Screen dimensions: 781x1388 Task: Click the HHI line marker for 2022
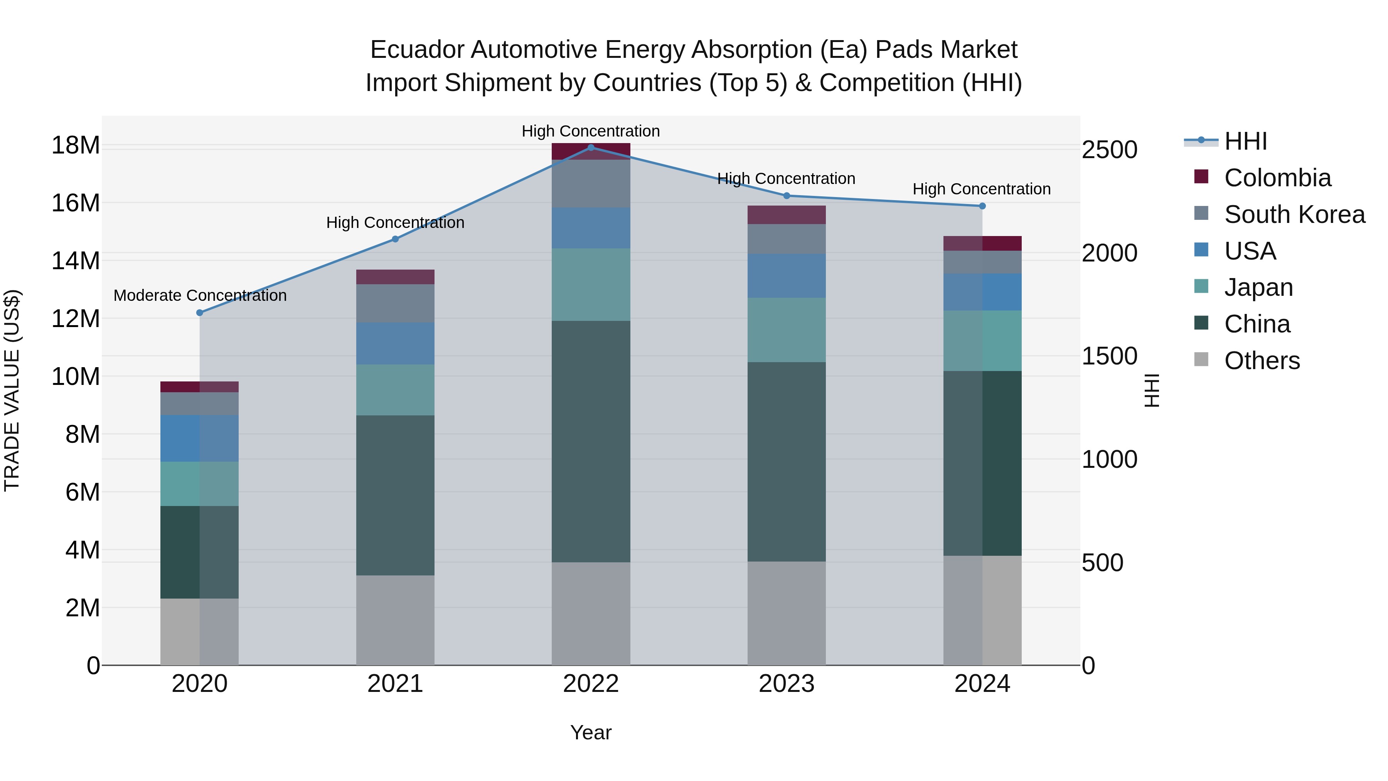[591, 147]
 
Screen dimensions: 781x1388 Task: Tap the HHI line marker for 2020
[199, 313]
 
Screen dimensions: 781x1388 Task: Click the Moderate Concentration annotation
[200, 295]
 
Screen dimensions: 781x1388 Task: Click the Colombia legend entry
[1277, 178]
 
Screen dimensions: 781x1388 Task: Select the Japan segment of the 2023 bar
[786, 330]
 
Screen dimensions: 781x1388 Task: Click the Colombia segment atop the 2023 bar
[786, 214]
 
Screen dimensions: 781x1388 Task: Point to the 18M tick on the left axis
[76, 145]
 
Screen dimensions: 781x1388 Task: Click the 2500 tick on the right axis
[1109, 150]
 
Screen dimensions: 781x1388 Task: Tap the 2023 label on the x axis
[786, 684]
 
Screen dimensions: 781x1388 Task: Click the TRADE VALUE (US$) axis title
[12, 390]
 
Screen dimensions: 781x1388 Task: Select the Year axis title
[591, 732]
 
